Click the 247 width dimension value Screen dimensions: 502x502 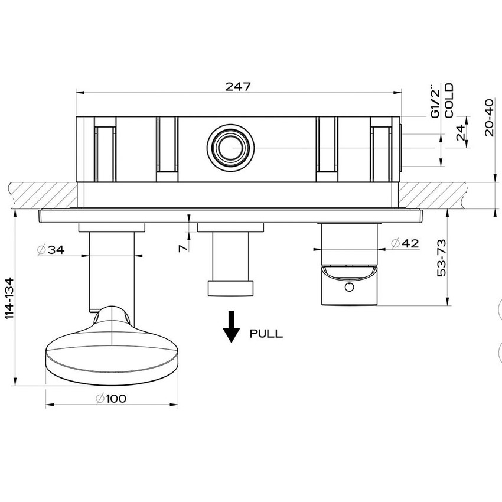[239, 86]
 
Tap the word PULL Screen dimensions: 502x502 [266, 334]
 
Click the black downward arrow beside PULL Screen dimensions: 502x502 [232, 327]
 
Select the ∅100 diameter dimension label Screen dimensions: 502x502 [111, 398]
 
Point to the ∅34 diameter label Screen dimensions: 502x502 [50, 250]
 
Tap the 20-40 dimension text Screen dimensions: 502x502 [488, 118]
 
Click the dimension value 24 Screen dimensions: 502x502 [461, 133]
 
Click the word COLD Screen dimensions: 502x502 [449, 100]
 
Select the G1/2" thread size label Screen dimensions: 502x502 [435, 102]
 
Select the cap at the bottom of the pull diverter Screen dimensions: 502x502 [230, 288]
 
